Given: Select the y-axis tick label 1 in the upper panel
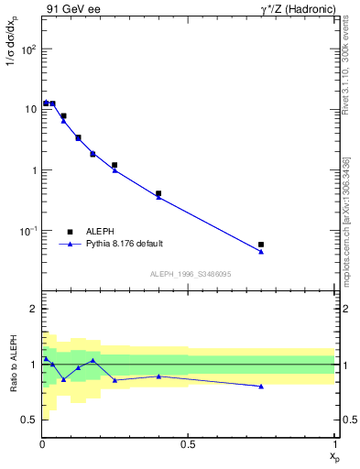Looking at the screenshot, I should coord(33,170).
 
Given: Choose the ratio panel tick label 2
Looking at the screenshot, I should coord(33,309).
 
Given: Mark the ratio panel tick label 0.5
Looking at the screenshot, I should coord(28,420).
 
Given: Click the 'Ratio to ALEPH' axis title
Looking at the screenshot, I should coord(14,364).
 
